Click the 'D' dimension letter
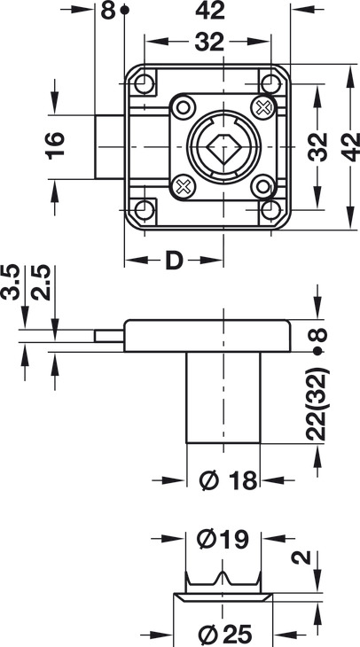(174, 261)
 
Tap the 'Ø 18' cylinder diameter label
(228, 480)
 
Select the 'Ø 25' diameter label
(225, 635)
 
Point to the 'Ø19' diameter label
(223, 539)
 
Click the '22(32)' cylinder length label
(317, 405)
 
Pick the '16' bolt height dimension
(55, 146)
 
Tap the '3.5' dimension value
(11, 283)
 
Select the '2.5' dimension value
(41, 283)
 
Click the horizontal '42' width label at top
(210, 11)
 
